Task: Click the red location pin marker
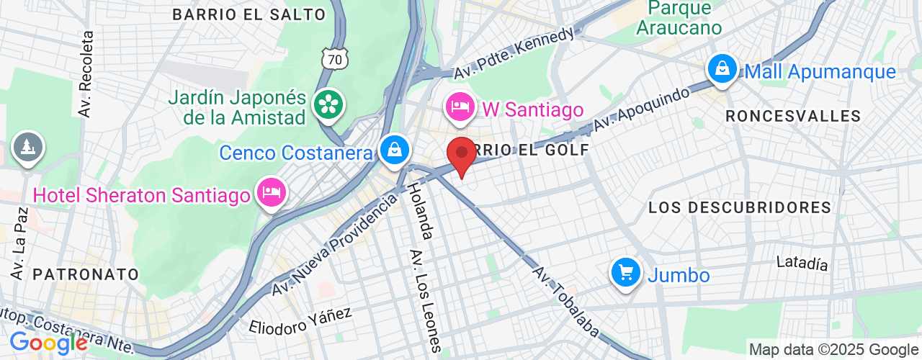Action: [461, 153]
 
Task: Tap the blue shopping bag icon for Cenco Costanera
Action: [395, 150]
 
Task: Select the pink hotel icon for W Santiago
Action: [460, 108]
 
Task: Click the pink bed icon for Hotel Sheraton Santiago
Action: [272, 192]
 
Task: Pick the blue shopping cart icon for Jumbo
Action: [625, 273]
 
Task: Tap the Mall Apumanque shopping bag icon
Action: [720, 69]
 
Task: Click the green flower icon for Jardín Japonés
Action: [328, 105]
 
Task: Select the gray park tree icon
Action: [27, 148]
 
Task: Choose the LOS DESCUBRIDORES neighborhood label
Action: [740, 208]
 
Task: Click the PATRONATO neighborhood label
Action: [86, 274]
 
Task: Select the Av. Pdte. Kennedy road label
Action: [515, 54]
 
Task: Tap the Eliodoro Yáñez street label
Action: [300, 321]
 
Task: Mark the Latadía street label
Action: [802, 264]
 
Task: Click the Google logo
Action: [48, 343]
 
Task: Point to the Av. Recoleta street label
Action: [86, 74]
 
